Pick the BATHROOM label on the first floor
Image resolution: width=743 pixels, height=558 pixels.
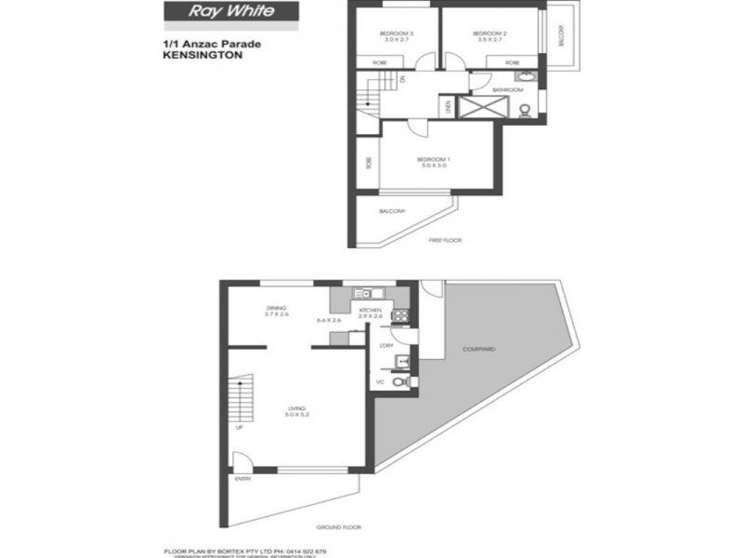(x=506, y=89)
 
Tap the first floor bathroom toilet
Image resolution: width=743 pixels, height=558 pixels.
(x=525, y=111)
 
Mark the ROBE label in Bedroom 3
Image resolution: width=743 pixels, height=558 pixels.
(x=380, y=62)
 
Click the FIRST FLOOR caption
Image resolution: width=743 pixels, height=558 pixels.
(x=445, y=240)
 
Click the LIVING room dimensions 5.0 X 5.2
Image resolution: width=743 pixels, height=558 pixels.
(x=296, y=414)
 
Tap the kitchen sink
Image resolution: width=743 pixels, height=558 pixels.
(x=365, y=294)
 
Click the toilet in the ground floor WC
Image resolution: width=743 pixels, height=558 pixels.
(x=399, y=381)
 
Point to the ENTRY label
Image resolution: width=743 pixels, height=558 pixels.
(x=243, y=479)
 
